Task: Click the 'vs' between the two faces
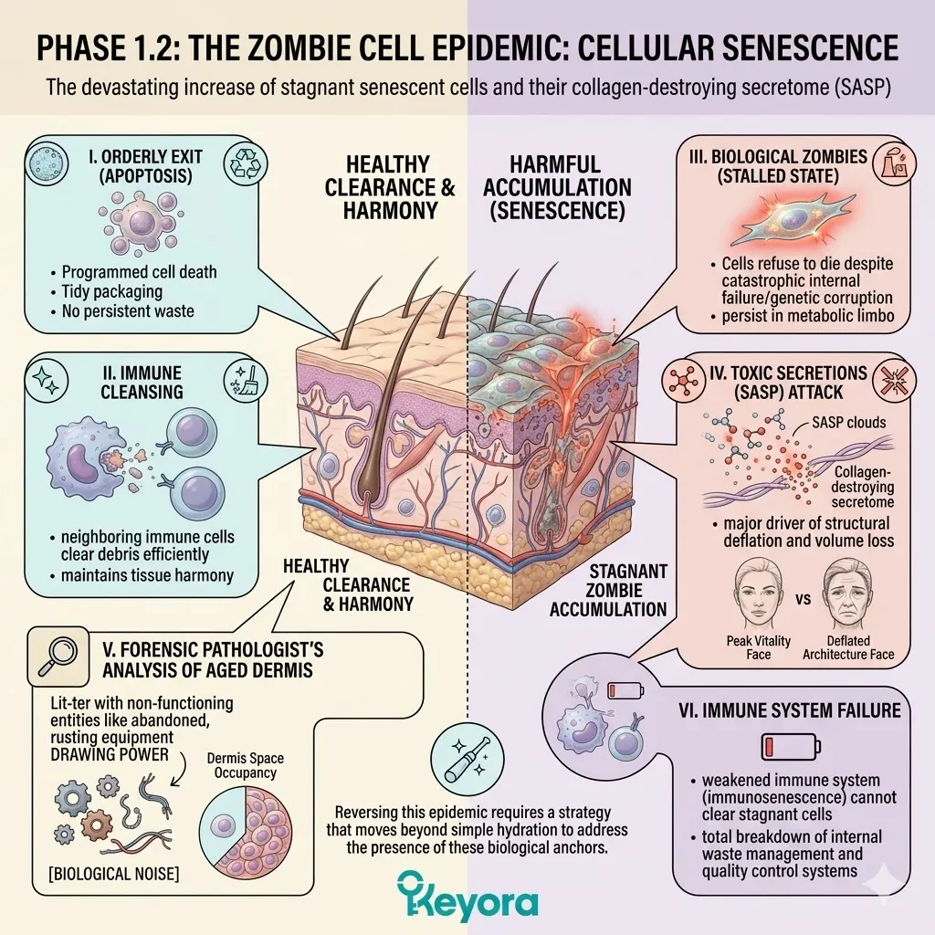click(804, 600)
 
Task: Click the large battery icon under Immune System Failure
click(783, 748)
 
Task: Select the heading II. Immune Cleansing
click(148, 383)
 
